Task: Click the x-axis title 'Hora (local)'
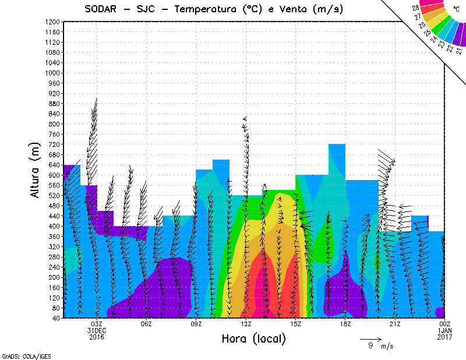point(253,338)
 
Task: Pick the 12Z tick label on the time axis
point(246,324)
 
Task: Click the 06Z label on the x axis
point(146,324)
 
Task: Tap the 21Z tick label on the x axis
point(395,324)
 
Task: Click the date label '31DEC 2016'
point(97,334)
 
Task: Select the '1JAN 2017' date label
point(444,334)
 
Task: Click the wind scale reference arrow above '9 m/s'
point(370,338)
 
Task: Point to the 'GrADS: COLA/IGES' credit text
point(20,355)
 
